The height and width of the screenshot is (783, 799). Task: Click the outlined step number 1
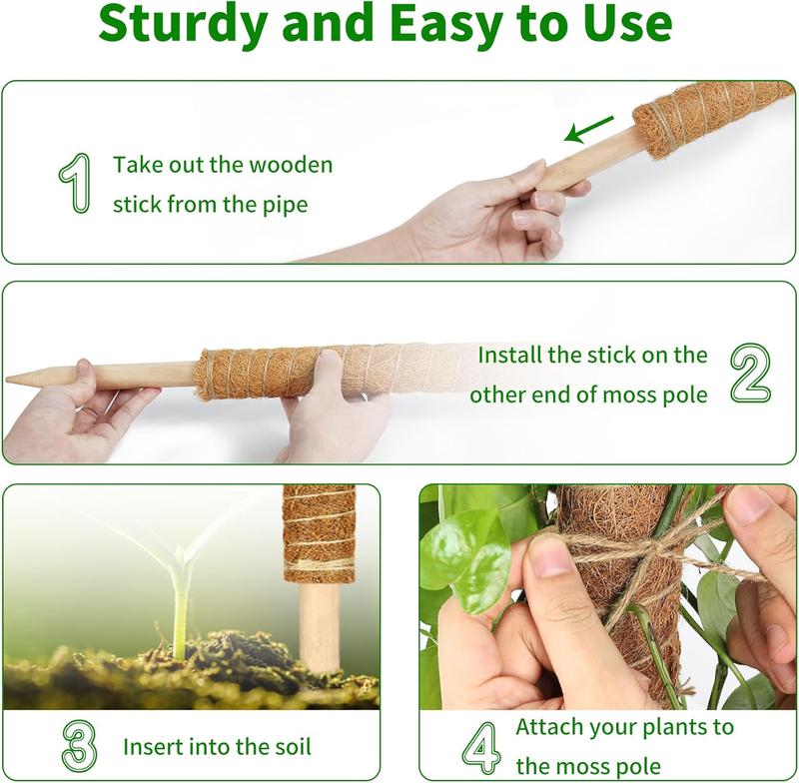coord(74,184)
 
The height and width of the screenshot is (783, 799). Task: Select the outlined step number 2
coord(749,375)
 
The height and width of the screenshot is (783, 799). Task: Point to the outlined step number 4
coord(480,748)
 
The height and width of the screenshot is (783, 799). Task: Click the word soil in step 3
coord(289,746)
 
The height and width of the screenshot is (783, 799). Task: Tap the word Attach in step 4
coord(547,726)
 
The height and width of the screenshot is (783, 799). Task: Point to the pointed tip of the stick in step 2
coord(12,379)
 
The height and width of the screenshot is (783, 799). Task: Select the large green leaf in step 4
coord(464,554)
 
